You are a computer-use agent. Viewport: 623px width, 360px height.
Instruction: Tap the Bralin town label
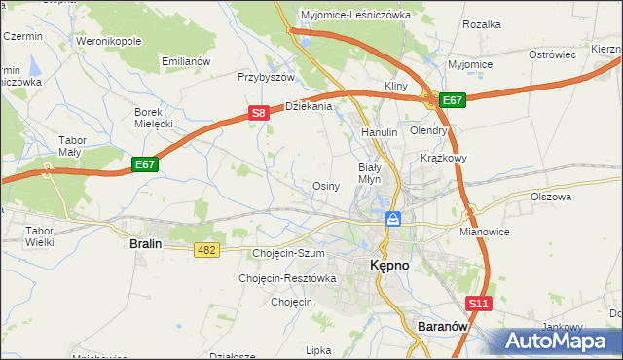[x=145, y=245]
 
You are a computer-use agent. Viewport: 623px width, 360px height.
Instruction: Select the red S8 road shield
[x=258, y=113]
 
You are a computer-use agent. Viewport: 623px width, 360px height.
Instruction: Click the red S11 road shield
[x=478, y=304]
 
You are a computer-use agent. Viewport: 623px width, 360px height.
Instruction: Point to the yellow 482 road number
[x=206, y=250]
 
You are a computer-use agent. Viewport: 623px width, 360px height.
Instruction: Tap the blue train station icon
[x=393, y=219]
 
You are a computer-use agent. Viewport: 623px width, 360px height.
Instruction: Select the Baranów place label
[x=443, y=327]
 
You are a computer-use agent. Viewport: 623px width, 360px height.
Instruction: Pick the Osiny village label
[x=325, y=186]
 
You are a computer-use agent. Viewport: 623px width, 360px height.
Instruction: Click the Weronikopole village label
[x=109, y=42]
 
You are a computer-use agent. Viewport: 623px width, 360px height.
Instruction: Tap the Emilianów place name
[x=186, y=61]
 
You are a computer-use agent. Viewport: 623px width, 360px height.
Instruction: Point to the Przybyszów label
[x=266, y=77]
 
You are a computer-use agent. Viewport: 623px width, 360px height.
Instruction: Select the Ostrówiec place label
[x=553, y=55]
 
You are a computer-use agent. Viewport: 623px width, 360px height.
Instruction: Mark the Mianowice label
[x=484, y=234]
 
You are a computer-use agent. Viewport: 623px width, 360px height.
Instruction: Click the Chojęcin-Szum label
[x=287, y=253]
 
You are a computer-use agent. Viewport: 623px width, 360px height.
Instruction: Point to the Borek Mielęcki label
[x=153, y=118]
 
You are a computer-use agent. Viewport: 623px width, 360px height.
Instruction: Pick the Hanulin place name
[x=380, y=131]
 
